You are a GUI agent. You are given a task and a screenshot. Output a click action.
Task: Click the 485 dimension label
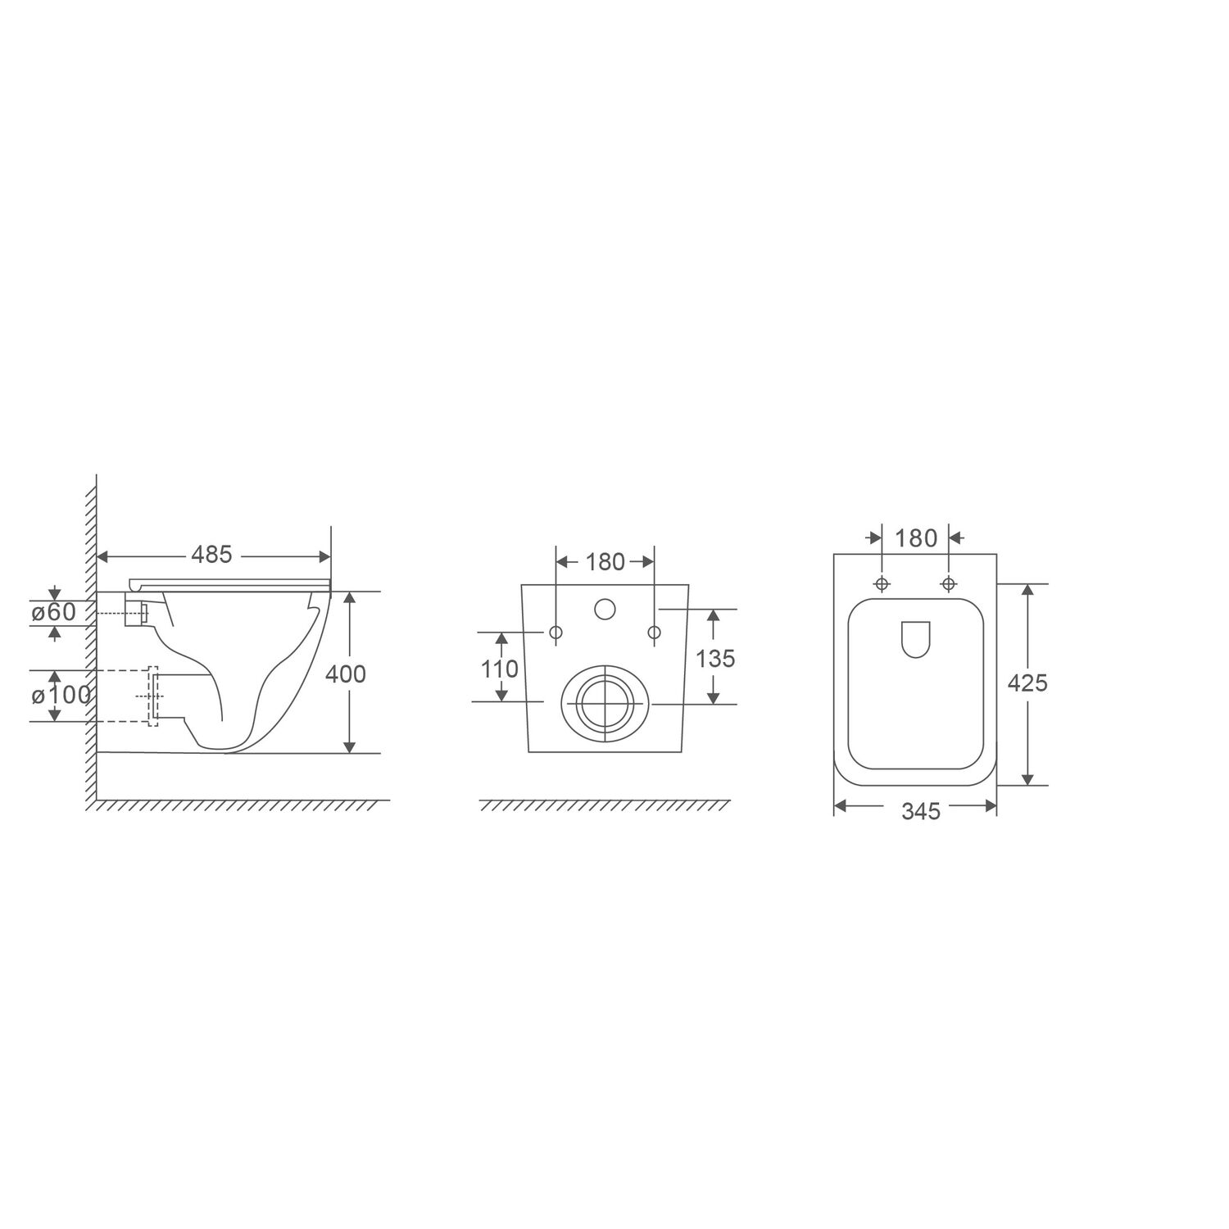tap(212, 555)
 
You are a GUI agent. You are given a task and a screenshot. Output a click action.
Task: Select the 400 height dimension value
tap(346, 673)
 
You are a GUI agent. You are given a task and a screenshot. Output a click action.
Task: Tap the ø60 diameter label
tap(53, 612)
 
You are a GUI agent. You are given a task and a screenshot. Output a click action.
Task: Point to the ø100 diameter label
tap(61, 696)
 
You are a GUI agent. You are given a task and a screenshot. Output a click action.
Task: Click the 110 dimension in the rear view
tap(500, 669)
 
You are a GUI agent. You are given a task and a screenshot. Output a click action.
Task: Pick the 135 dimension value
tap(716, 658)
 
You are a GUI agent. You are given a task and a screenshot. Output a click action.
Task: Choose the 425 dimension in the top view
tap(1027, 683)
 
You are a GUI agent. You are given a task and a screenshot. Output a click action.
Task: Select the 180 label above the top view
tap(916, 538)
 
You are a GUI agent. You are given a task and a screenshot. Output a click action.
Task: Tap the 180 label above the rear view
tap(605, 562)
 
